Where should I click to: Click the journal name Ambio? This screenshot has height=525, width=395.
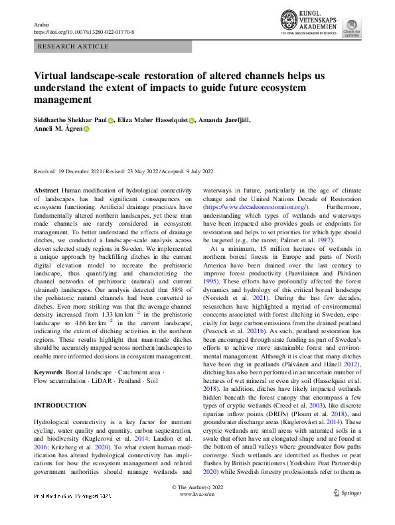point(42,24)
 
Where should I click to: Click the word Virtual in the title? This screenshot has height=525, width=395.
point(52,76)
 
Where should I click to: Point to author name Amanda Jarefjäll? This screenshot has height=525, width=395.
point(231,119)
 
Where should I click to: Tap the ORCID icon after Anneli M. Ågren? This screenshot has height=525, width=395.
point(86,130)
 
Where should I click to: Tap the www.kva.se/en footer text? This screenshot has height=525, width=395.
point(197,513)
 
